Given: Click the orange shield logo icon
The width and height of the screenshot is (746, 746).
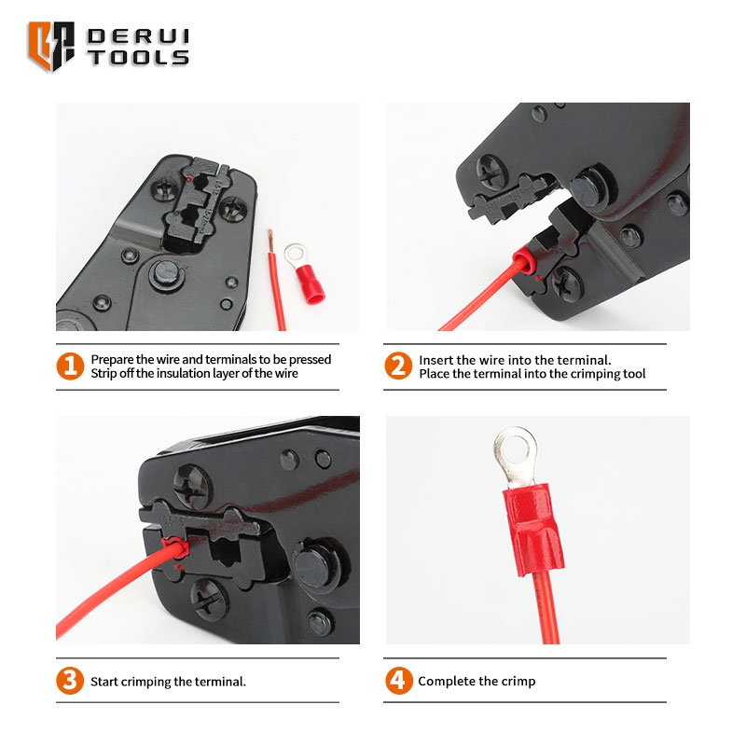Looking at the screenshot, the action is coord(51,46).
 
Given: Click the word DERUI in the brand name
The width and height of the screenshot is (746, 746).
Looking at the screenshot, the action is coord(138,36).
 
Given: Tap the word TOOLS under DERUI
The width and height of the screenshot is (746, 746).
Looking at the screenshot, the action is coord(138,57).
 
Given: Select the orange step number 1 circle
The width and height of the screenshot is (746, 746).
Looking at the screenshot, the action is coord(70,366).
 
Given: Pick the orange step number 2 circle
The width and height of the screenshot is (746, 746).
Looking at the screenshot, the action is coord(398,366).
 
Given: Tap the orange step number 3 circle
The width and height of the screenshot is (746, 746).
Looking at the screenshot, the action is coord(70,681).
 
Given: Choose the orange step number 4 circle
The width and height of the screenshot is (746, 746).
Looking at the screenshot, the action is coord(399,681).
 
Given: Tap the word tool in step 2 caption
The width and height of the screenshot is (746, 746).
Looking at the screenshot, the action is coord(634,374).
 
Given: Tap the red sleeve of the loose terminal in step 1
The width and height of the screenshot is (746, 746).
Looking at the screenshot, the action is coord(310,284).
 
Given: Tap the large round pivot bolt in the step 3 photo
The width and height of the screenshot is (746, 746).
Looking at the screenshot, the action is coord(316,565).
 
